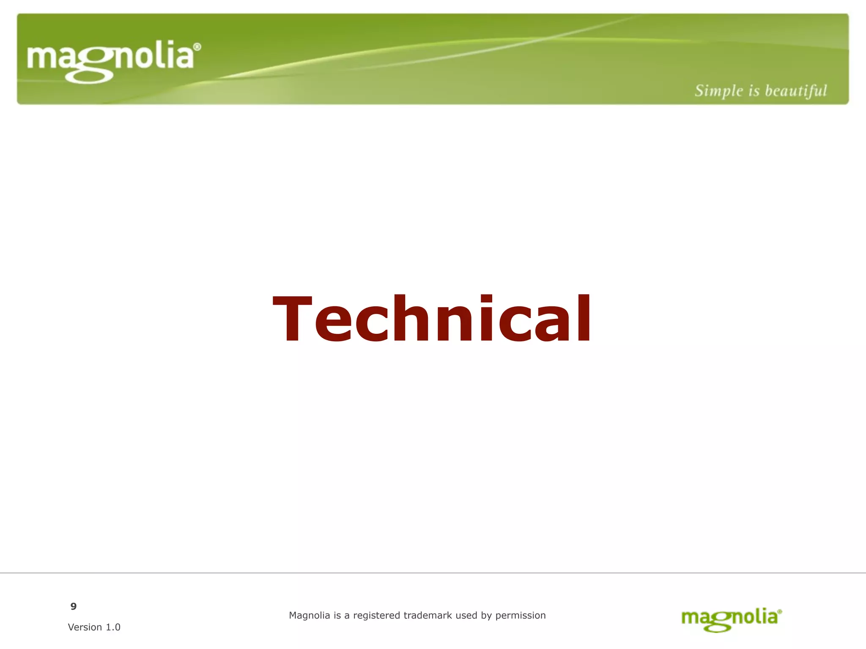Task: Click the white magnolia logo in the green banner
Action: pyautogui.click(x=113, y=60)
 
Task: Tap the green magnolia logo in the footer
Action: pyautogui.click(x=731, y=619)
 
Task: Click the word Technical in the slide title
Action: pyautogui.click(x=432, y=319)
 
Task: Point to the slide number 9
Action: pyautogui.click(x=74, y=607)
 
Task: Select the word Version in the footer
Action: pyautogui.click(x=85, y=627)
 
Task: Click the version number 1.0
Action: pyautogui.click(x=113, y=627)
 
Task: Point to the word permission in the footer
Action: pyautogui.click(x=521, y=616)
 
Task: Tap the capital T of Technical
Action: pyautogui.click(x=293, y=319)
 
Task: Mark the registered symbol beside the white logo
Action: pyautogui.click(x=197, y=47)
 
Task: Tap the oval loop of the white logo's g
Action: pyautogui.click(x=89, y=76)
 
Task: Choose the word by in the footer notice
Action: pyautogui.click(x=486, y=616)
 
